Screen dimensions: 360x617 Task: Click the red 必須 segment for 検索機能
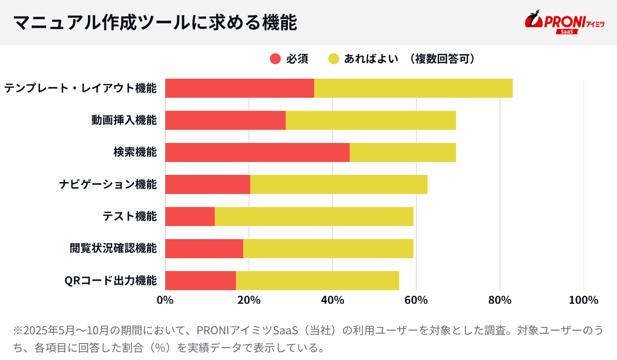coord(257,153)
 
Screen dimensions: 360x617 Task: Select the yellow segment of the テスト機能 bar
coord(314,217)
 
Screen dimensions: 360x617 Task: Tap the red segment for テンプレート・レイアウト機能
coord(239,88)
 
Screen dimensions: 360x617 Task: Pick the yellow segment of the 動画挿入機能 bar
coord(370,120)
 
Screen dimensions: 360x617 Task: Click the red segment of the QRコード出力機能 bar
coord(200,280)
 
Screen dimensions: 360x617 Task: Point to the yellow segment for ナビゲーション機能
coord(338,185)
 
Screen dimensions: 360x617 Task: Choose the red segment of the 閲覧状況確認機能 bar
coord(204,248)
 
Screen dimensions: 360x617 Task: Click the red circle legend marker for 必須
coord(276,59)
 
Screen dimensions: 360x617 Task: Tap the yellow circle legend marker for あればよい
coord(334,59)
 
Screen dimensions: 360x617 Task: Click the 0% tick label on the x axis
coord(165,300)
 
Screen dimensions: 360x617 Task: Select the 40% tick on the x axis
coord(333,300)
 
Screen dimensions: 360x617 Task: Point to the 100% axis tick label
coord(584,300)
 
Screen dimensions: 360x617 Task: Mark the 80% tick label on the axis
coord(500,300)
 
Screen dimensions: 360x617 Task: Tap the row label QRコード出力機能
coord(111,281)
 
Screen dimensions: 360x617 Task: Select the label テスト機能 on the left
coord(130,217)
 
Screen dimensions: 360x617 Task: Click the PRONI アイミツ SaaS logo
coord(564,22)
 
